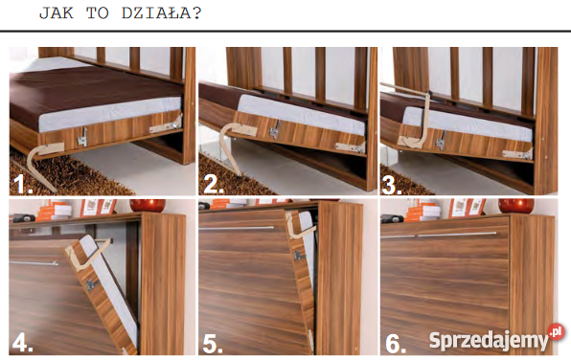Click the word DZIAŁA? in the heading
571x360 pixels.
(x=161, y=13)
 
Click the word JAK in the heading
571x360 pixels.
(x=57, y=13)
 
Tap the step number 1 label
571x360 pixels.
(x=22, y=184)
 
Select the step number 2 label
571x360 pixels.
(x=213, y=184)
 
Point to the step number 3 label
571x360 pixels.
(x=392, y=184)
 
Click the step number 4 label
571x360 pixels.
(x=23, y=343)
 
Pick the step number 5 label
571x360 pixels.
(x=213, y=344)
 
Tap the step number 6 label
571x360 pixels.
(x=396, y=344)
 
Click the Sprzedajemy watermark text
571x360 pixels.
(x=489, y=341)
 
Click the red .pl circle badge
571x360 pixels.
(x=556, y=331)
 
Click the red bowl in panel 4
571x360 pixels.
(x=148, y=205)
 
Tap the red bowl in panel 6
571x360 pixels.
(x=516, y=205)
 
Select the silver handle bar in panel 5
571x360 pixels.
(x=237, y=228)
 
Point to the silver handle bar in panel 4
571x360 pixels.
(x=34, y=262)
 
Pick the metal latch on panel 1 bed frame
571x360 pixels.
(x=82, y=138)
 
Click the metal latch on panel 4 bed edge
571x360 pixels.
(x=90, y=284)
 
